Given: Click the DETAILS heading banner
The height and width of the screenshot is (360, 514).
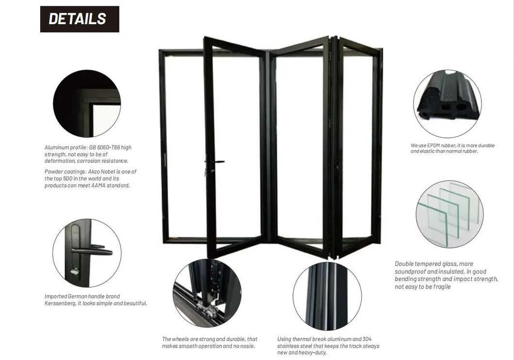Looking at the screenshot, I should tap(79, 19).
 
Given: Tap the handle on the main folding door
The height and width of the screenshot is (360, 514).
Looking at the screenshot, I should tap(215, 162).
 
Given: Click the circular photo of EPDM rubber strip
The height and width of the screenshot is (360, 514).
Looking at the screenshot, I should tap(447, 104).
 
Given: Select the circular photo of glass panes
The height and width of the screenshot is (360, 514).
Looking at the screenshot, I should tap(449, 214).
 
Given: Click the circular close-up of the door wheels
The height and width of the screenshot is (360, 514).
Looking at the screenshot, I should tap(207, 293).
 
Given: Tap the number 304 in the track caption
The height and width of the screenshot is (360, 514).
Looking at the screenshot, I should tap(367, 339).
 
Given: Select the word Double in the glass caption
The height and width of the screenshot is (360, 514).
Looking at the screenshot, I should tap(405, 264).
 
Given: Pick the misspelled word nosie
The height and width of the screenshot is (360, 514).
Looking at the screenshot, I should tap(248, 346).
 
